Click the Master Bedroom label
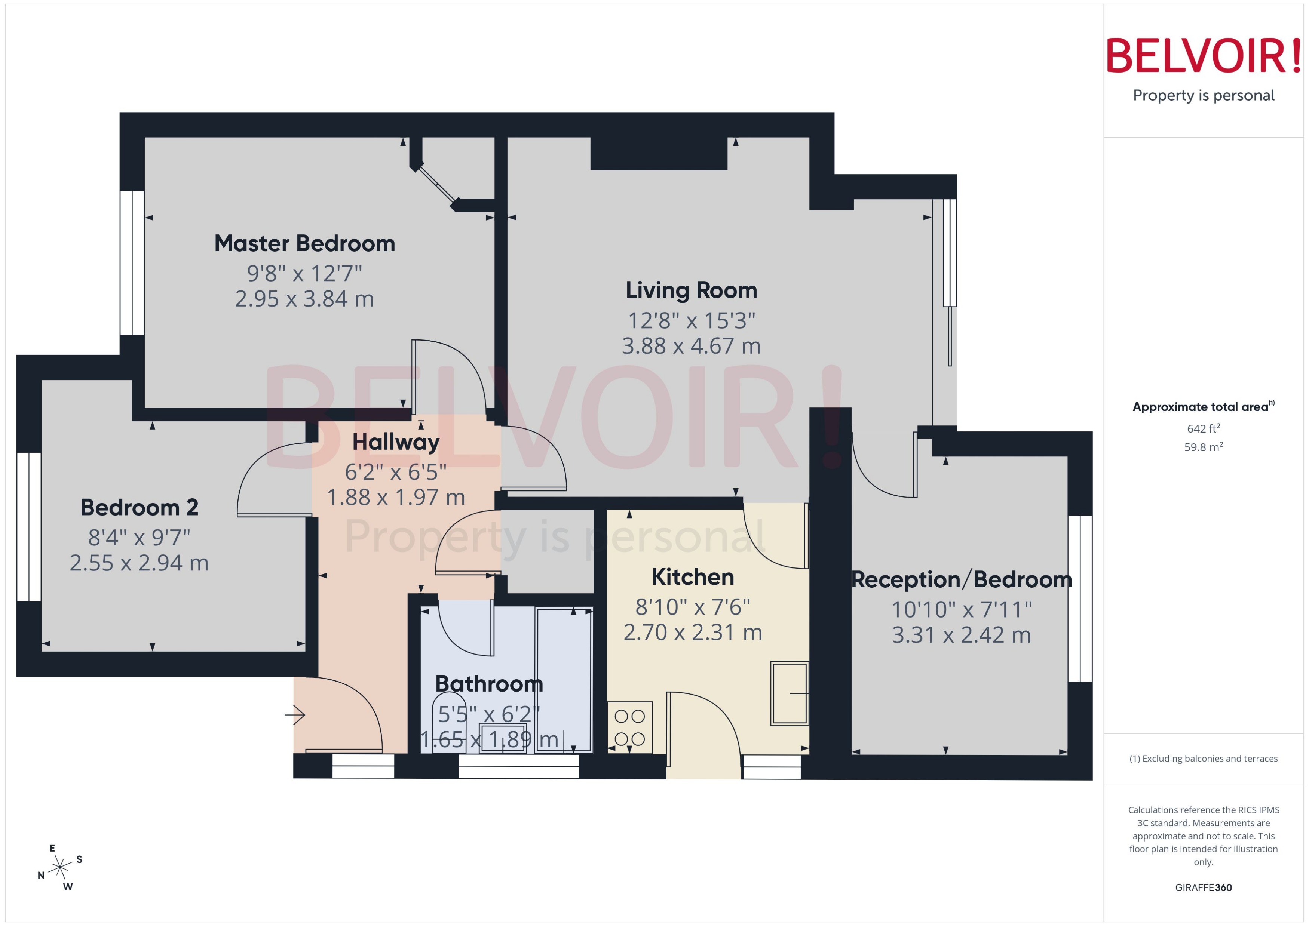pyautogui.click(x=304, y=243)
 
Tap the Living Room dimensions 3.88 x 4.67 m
pyautogui.click(x=691, y=346)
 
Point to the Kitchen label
pyautogui.click(x=692, y=577)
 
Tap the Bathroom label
pyautogui.click(x=489, y=684)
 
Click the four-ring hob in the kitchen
pyautogui.click(x=630, y=727)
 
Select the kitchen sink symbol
pyautogui.click(x=790, y=693)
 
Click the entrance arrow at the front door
pyautogui.click(x=296, y=714)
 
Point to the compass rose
pyautogui.click(x=59, y=868)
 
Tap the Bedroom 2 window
pyautogui.click(x=28, y=527)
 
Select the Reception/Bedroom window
pyautogui.click(x=1080, y=599)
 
